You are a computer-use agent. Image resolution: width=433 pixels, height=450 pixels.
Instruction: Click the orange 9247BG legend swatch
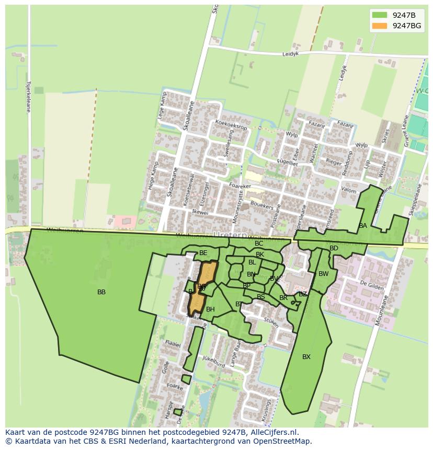tap(380, 26)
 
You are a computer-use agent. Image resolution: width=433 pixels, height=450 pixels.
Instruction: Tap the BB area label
tap(101, 292)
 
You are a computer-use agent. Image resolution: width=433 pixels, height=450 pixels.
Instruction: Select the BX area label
tap(306, 357)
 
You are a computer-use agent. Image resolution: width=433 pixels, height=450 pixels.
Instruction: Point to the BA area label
tap(363, 226)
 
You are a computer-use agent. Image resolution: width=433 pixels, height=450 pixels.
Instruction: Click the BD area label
tap(334, 248)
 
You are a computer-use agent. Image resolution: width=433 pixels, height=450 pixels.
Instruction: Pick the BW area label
tap(323, 274)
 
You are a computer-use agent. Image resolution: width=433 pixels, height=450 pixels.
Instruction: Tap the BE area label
tap(203, 253)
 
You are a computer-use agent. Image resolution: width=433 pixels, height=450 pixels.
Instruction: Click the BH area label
tap(210, 309)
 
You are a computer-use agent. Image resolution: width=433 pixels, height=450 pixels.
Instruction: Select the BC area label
tap(259, 244)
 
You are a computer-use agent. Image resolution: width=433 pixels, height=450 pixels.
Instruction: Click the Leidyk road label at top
tap(290, 53)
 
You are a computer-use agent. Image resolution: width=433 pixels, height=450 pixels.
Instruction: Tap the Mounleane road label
tap(384, 309)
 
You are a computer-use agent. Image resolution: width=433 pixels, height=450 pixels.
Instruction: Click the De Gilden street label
tap(372, 285)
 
